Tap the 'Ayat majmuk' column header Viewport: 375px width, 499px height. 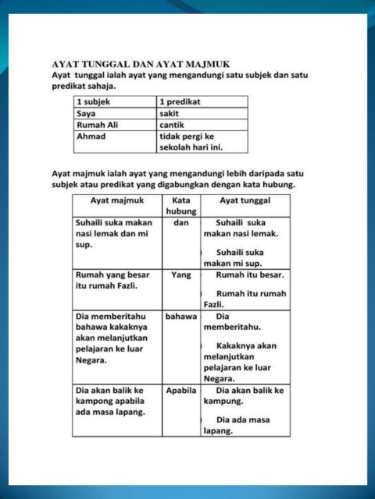117,200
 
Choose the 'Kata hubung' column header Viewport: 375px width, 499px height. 180,206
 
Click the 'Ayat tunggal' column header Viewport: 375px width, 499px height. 245,200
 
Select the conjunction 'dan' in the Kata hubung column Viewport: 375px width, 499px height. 180,222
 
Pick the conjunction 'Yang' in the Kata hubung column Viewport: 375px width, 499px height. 180,275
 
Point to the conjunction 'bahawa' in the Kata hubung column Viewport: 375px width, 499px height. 180,317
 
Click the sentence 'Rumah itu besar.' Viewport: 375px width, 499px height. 249,275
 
